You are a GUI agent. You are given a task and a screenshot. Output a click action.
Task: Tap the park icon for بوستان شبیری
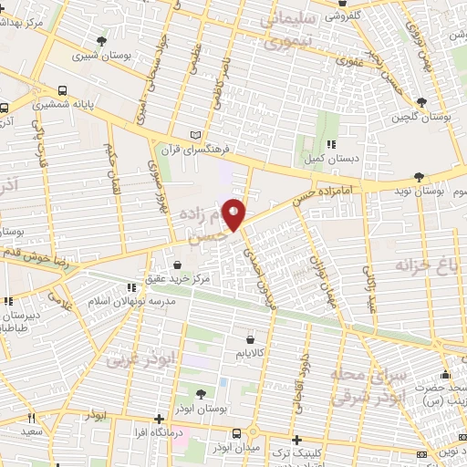pos(100,41)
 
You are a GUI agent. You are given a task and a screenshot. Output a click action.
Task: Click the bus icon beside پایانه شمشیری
pos(62,90)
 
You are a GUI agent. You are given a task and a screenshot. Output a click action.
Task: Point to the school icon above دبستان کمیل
pos(332,143)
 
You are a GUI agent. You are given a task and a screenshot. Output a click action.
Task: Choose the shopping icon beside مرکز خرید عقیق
pos(190,265)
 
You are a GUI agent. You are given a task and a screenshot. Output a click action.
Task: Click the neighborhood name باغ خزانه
pos(425,265)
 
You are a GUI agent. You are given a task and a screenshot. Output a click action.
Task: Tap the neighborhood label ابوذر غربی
pos(137,360)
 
